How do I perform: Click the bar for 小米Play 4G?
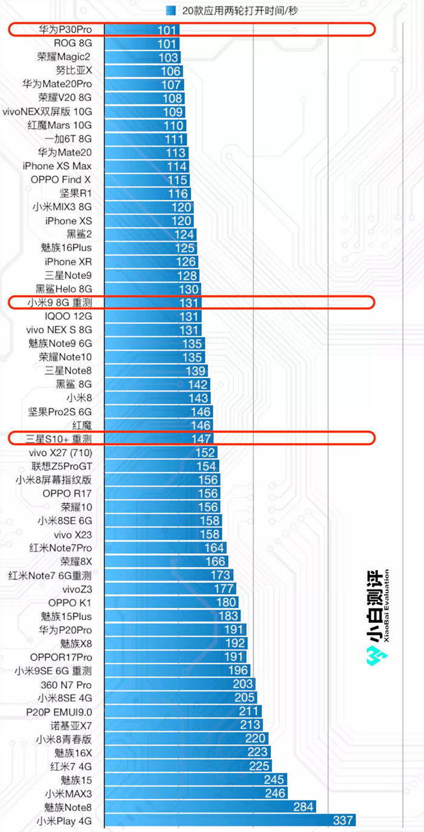[x=230, y=820]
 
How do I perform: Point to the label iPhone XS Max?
[x=57, y=166]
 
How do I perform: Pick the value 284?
[x=303, y=807]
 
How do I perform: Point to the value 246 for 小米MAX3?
[x=276, y=793]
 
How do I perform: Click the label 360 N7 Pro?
[x=66, y=684]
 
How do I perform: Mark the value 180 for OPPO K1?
[x=227, y=602]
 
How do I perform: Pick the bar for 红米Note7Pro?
[x=164, y=548]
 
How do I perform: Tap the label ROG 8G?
[x=73, y=43]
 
